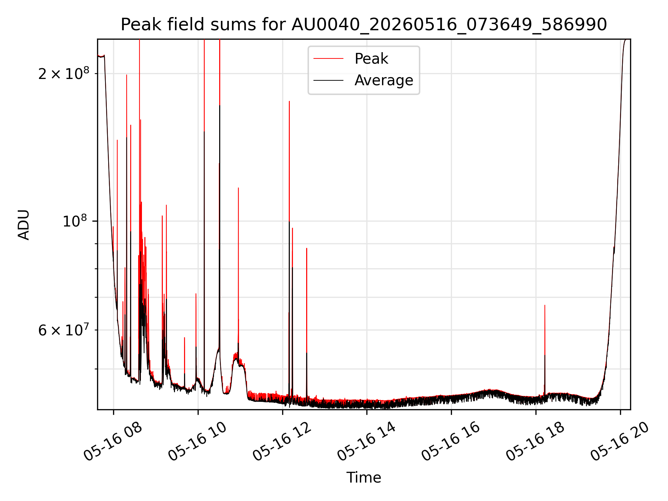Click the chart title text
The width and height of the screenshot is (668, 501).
coord(364,25)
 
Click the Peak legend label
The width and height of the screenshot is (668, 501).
coord(371,58)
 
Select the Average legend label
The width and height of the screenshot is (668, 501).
coord(384,80)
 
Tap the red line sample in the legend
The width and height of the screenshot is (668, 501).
coord(328,58)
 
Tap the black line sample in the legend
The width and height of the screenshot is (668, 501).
coord(328,80)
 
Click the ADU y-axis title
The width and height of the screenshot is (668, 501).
coord(24,224)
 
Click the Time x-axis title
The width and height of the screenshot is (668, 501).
coord(364,477)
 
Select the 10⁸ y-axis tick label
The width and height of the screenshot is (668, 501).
coord(75,220)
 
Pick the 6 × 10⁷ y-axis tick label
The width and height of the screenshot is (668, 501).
coord(63,329)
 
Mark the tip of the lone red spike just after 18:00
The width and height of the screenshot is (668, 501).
coord(545,305)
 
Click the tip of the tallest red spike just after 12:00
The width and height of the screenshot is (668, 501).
coord(289,101)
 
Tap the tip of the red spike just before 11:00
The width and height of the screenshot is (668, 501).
coord(238,188)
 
